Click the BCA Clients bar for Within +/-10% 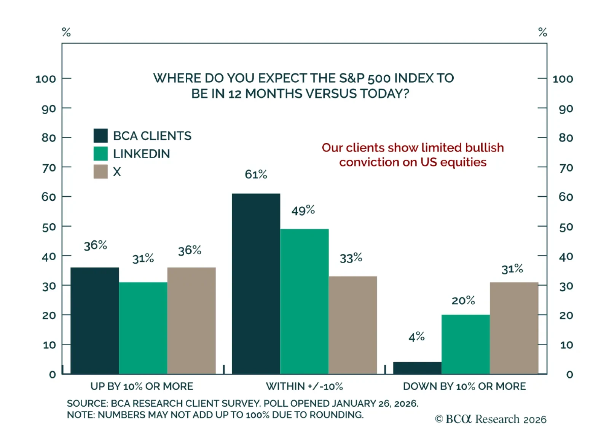tap(256, 283)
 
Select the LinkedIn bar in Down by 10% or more tap(466, 344)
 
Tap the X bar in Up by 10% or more tap(191, 320)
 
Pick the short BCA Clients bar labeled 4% tap(417, 368)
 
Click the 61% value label tap(256, 174)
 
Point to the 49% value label tap(303, 210)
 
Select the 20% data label tap(463, 300)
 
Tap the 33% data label tap(351, 258)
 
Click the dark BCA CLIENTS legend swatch tap(100, 136)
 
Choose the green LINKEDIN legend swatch tap(100, 154)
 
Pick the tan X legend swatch tap(100, 172)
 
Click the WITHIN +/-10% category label tap(304, 386)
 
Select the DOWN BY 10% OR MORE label tap(464, 386)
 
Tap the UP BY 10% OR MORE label tap(142, 386)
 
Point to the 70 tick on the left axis tap(49, 167)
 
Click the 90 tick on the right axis tap(566, 109)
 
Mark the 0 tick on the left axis tap(53, 374)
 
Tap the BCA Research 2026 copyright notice tap(491, 419)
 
